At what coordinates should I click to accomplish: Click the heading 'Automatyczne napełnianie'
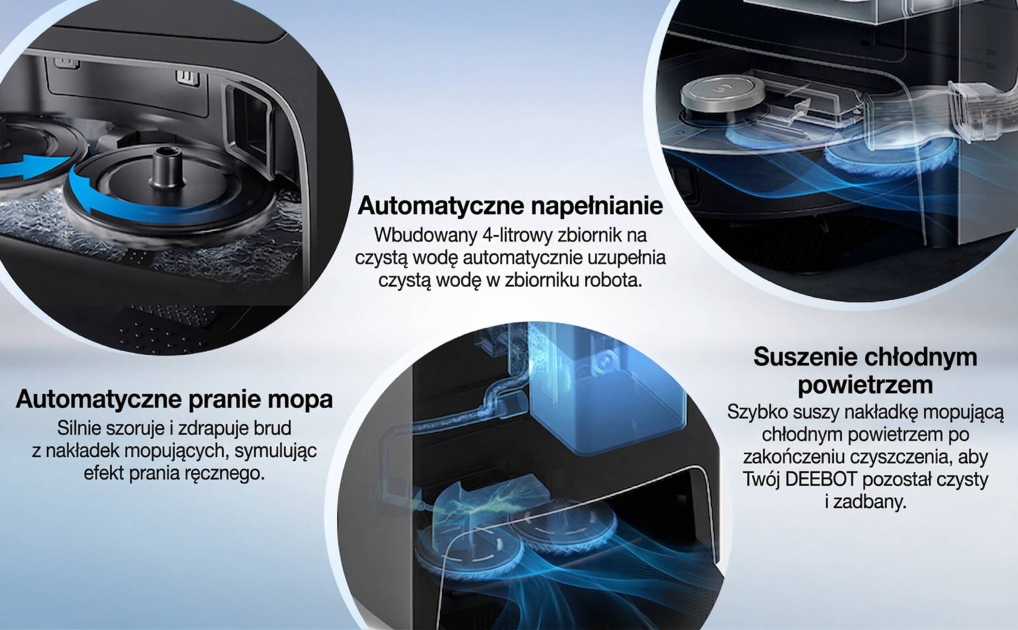click(510, 206)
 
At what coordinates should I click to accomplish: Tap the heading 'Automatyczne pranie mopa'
click(174, 399)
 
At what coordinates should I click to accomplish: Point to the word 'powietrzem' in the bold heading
click(865, 385)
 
